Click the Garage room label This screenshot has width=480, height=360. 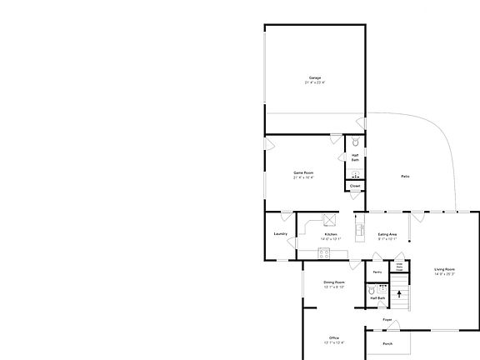(x=314, y=78)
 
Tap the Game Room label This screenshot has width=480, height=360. (x=302, y=172)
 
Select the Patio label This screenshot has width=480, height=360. (x=405, y=177)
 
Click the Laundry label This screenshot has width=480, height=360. (x=280, y=234)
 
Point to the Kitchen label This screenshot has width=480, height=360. (x=331, y=234)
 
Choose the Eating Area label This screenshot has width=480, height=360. (x=387, y=234)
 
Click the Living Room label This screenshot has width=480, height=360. (x=444, y=269)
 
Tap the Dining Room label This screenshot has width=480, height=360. (x=334, y=282)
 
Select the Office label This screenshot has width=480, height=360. (x=334, y=337)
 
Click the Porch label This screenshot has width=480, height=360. (x=387, y=343)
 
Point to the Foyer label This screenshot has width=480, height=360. (x=387, y=320)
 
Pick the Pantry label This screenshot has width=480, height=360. (x=377, y=272)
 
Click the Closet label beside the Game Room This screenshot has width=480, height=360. (x=355, y=186)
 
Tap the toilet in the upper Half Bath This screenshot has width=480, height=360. (x=356, y=142)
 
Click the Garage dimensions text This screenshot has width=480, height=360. (x=314, y=83)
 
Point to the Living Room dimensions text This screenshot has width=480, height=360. (x=444, y=274)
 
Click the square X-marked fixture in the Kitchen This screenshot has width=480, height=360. (x=329, y=219)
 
